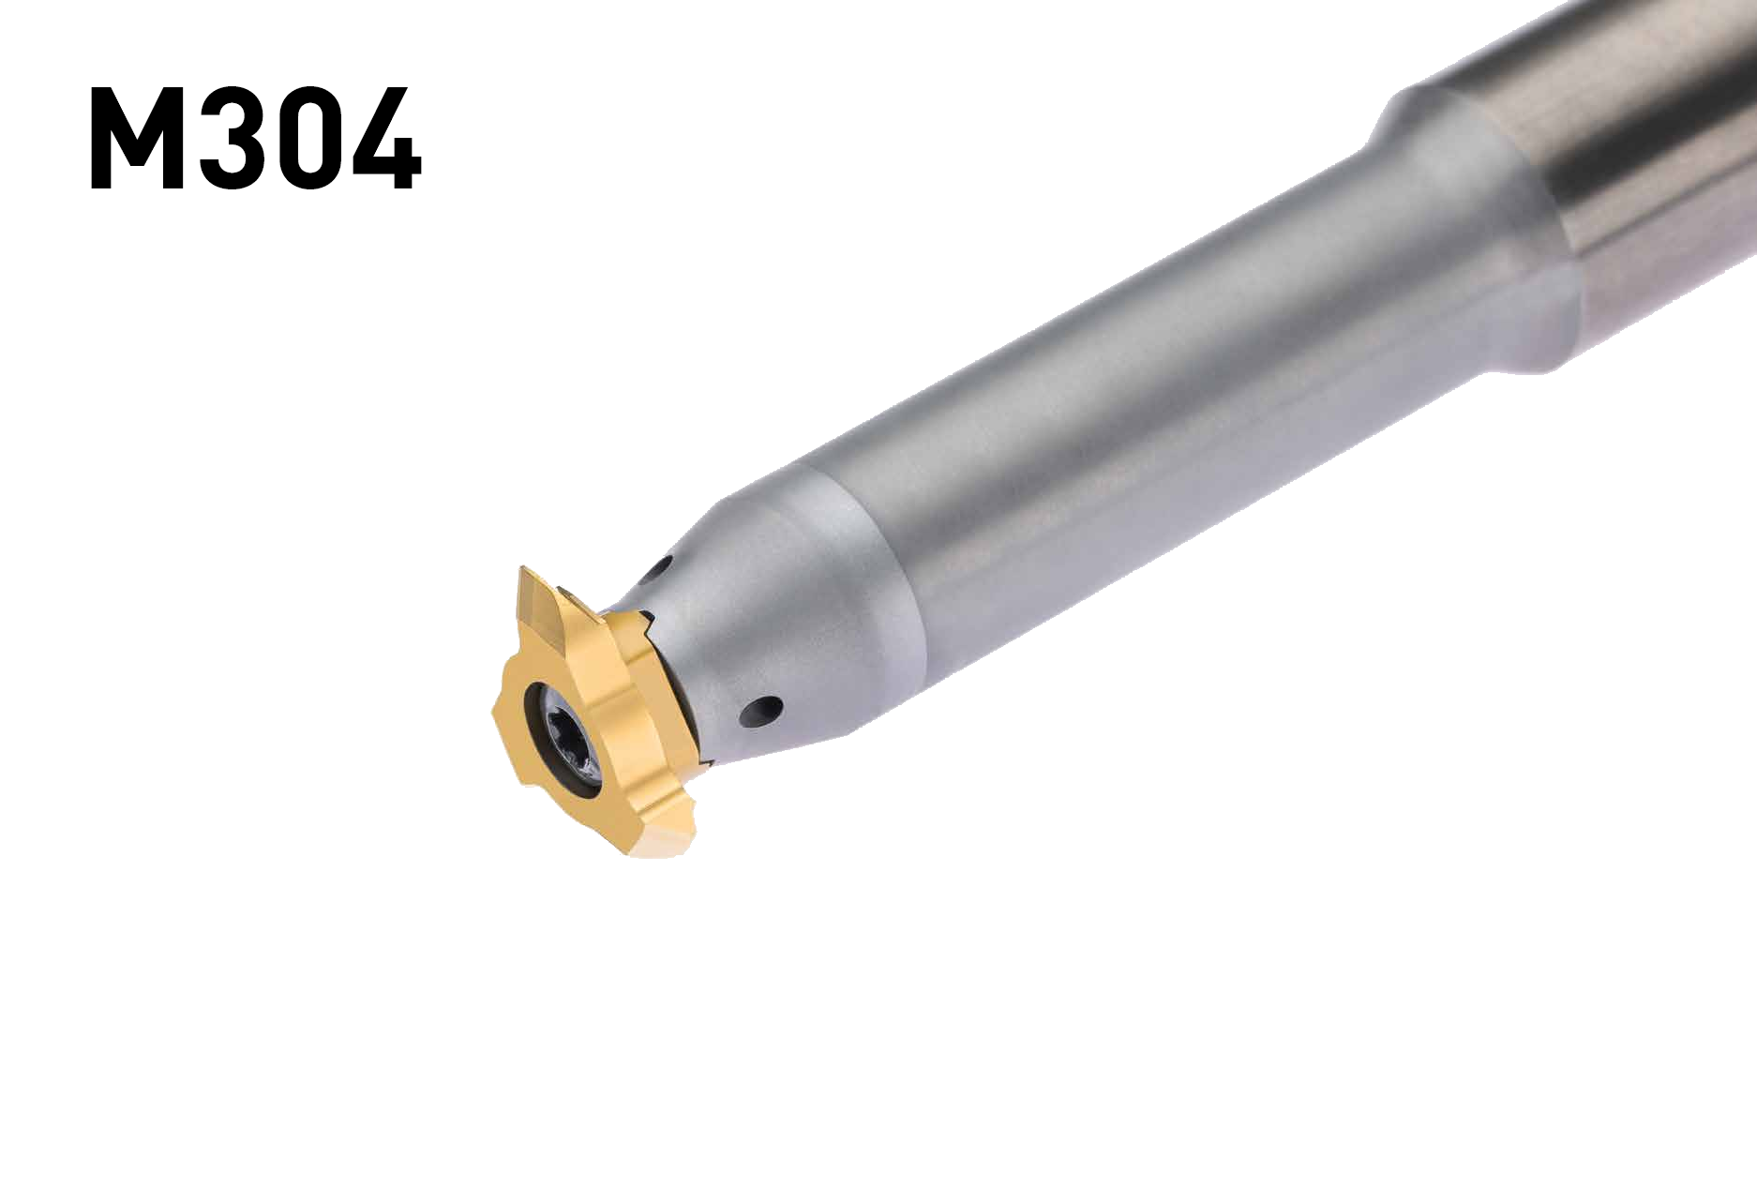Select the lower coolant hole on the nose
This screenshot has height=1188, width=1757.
pos(761,710)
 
